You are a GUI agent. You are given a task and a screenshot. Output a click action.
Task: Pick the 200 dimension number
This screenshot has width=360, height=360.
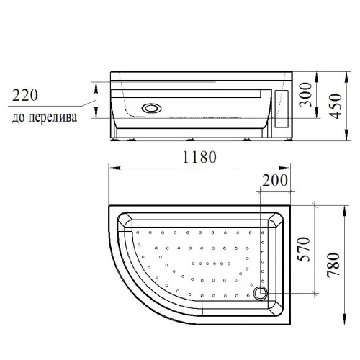click(276, 179)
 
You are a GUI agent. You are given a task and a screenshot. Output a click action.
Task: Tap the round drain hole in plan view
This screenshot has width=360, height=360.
click(261, 294)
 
